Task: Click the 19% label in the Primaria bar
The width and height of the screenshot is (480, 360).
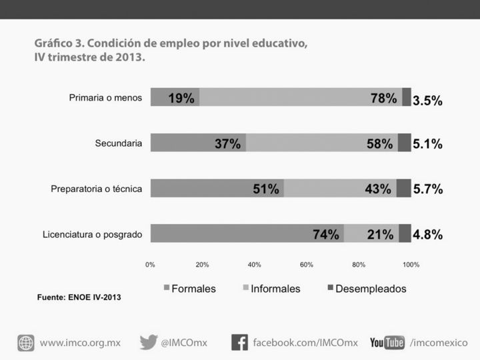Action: click(x=181, y=99)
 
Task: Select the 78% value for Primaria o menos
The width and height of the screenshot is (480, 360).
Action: click(x=383, y=99)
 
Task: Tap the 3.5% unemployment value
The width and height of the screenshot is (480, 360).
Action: click(x=427, y=101)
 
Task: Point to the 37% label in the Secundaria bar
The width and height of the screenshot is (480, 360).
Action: click(x=227, y=144)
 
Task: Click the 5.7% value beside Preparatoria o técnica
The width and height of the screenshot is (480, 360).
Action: click(x=427, y=189)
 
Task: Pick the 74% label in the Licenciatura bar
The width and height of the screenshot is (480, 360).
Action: click(x=326, y=235)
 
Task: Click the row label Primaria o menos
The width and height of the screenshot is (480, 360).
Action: click(x=105, y=97)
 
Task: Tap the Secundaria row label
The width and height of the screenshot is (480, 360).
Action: click(x=118, y=143)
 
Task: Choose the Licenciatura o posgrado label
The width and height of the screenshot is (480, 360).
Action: click(x=92, y=234)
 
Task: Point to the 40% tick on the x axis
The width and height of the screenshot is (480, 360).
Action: click(x=254, y=265)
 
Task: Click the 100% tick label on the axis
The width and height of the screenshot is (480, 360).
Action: click(x=411, y=265)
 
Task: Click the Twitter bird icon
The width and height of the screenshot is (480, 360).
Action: click(x=148, y=342)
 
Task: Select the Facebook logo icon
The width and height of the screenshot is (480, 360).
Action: click(x=239, y=343)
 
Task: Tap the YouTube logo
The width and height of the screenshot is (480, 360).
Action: click(x=387, y=343)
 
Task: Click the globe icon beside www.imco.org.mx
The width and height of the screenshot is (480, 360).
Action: click(x=26, y=343)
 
